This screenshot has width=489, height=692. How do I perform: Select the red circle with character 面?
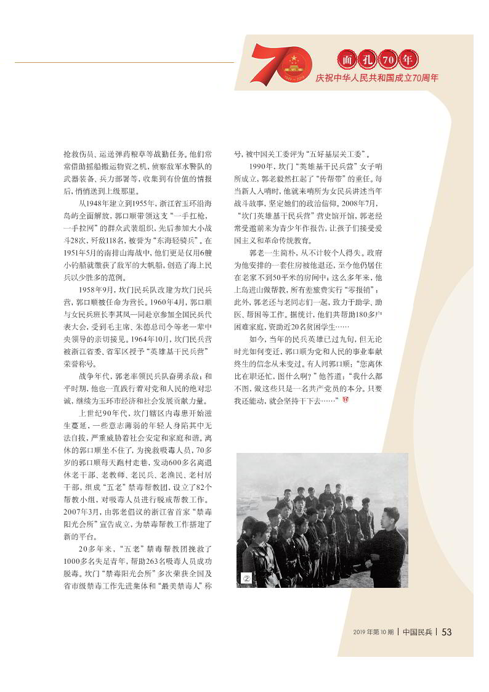point(348,60)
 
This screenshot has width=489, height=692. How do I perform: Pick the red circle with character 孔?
point(368,60)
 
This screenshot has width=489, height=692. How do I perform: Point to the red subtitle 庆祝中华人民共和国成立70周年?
point(377,78)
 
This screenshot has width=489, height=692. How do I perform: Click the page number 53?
point(447,632)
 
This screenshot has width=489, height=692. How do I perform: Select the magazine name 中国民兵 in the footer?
point(417,632)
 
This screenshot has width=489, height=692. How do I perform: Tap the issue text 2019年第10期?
point(373,632)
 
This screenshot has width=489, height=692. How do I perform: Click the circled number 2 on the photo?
point(246,577)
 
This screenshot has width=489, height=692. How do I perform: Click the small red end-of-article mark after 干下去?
point(346,401)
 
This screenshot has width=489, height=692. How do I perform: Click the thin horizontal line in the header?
point(123,62)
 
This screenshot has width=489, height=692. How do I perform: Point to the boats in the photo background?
point(265,493)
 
